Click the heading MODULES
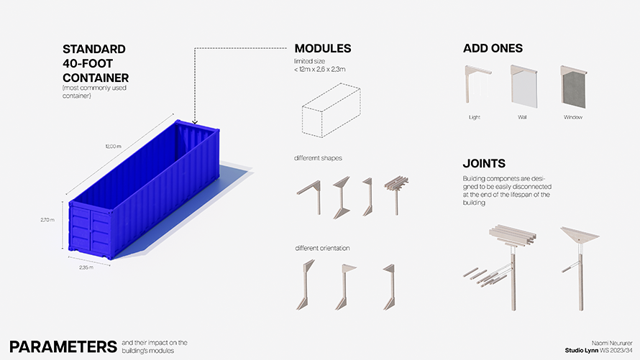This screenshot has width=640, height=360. (x=322, y=49)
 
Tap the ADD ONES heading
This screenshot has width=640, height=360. (x=493, y=48)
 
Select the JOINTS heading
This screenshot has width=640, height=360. (x=484, y=164)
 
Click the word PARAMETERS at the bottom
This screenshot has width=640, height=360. (x=63, y=346)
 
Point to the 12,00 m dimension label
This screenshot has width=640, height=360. (x=113, y=147)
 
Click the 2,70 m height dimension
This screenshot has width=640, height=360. (x=47, y=220)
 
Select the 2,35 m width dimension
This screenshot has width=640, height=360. (x=86, y=267)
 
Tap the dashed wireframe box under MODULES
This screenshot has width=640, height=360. (x=331, y=110)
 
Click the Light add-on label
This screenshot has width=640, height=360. (x=475, y=117)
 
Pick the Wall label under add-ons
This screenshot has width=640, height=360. (x=522, y=117)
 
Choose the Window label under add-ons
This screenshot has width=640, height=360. (x=573, y=117)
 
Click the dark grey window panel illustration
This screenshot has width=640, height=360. (x=575, y=88)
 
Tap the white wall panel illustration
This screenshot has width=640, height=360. (x=525, y=88)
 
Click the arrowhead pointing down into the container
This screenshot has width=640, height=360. (x=195, y=122)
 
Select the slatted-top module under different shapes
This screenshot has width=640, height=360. (x=396, y=195)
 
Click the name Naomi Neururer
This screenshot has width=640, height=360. (x=612, y=343)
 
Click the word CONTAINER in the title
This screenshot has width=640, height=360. (x=96, y=78)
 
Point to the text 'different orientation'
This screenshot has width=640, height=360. (x=322, y=249)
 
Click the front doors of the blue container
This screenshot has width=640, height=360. (x=90, y=229)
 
